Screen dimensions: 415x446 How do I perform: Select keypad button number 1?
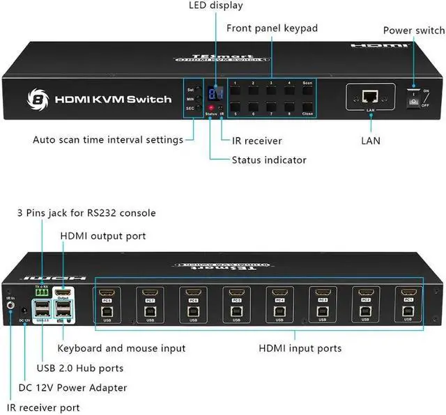[237, 91]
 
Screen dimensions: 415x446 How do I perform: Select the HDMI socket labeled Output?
[63, 293]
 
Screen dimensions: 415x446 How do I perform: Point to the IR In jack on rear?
[11, 304]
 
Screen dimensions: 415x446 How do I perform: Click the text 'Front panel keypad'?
[272, 28]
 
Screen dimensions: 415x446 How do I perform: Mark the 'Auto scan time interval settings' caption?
[107, 139]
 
